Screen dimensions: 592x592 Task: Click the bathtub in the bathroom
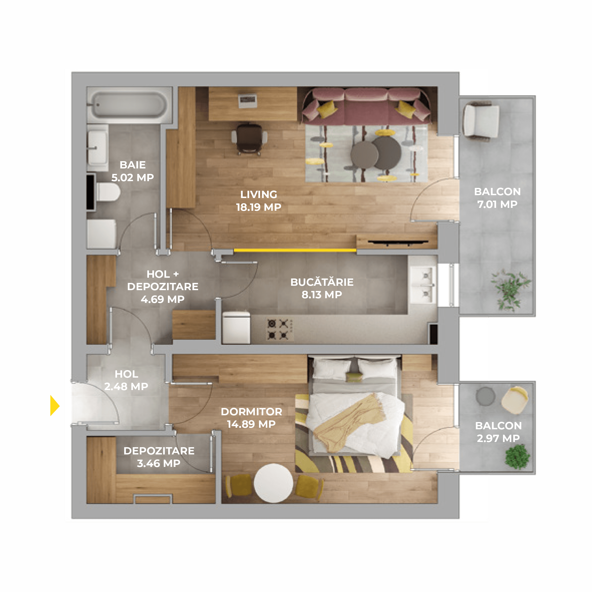(x=129, y=105)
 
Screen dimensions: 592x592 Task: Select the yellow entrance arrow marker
(x=55, y=405)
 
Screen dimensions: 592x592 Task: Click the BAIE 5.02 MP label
(x=132, y=171)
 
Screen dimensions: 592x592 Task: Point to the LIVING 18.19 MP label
(x=258, y=201)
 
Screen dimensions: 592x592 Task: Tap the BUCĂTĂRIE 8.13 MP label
(x=322, y=288)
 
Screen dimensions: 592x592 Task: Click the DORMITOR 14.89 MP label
(x=251, y=418)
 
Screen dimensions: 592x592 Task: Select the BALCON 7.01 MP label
(x=497, y=198)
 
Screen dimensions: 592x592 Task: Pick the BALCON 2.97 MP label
(x=498, y=432)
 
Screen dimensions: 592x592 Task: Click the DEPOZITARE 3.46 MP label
(x=159, y=457)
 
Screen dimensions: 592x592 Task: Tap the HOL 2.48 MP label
(x=126, y=380)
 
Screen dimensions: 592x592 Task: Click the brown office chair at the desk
(x=249, y=139)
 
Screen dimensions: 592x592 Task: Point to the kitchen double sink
(x=424, y=285)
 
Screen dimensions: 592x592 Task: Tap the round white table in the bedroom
(x=273, y=483)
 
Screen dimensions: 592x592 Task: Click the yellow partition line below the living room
(x=295, y=250)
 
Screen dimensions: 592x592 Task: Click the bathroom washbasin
(x=97, y=148)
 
